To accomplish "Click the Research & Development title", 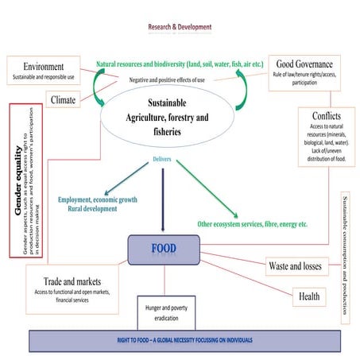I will click(x=180, y=27).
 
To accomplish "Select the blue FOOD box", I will click(x=164, y=248).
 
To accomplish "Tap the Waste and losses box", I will click(x=294, y=266).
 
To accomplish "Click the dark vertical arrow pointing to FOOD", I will click(x=164, y=199).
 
